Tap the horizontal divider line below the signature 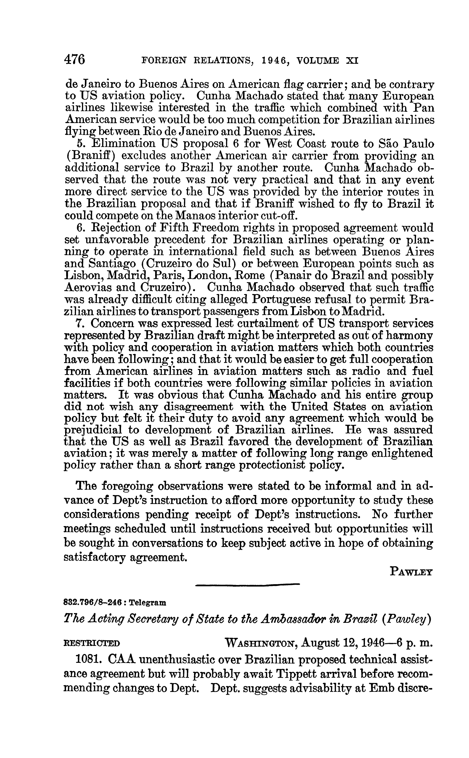tap(248, 585)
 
